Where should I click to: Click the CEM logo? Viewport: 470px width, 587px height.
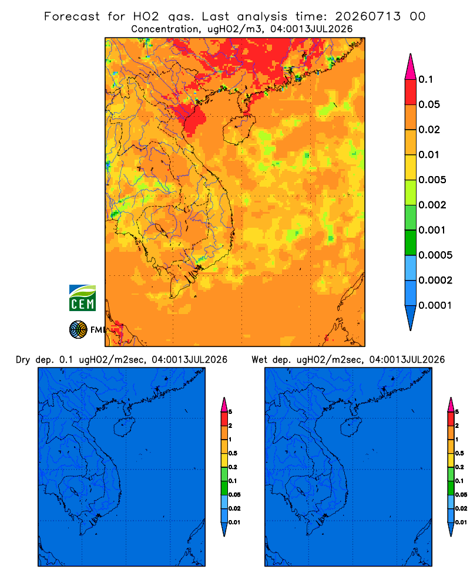coord(82,298)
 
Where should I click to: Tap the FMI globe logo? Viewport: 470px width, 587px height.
coord(78,330)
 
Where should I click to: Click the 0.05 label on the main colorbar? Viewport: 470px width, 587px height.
coord(429,104)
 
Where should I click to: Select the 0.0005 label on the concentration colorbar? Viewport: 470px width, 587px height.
coord(435,255)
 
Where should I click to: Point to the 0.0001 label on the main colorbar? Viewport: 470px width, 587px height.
coord(435,305)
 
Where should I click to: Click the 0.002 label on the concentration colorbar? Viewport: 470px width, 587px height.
coord(432,205)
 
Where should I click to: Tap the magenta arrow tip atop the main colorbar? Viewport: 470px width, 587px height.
coord(411,55)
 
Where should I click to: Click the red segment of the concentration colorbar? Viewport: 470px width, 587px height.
coord(411,92)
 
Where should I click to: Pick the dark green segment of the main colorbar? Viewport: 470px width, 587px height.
coord(411,242)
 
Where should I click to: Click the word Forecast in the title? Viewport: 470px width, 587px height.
coord(72,16)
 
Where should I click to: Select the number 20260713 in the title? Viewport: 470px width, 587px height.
coord(368,16)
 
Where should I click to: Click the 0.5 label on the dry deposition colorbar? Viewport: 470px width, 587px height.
coord(233,453)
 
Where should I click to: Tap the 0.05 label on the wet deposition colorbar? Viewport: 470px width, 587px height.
coord(461,495)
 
